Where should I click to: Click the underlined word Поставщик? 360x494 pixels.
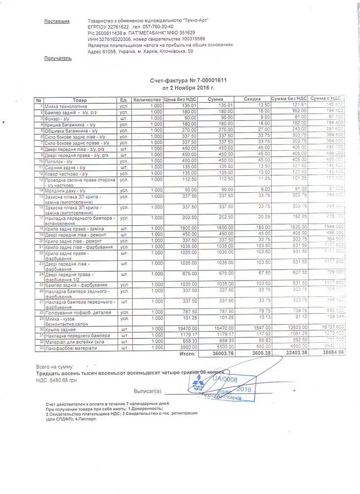tap(57, 21)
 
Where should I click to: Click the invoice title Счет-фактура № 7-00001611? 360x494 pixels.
tap(188, 80)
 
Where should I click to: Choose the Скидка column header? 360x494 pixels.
tap(252, 100)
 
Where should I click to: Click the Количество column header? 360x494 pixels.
tap(147, 100)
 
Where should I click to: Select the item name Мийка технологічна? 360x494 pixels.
tap(66, 105)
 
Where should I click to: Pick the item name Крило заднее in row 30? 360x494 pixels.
tap(60, 329)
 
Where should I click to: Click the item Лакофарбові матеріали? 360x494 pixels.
tap(71, 348)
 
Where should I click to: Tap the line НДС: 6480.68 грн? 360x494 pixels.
tap(57, 380)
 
